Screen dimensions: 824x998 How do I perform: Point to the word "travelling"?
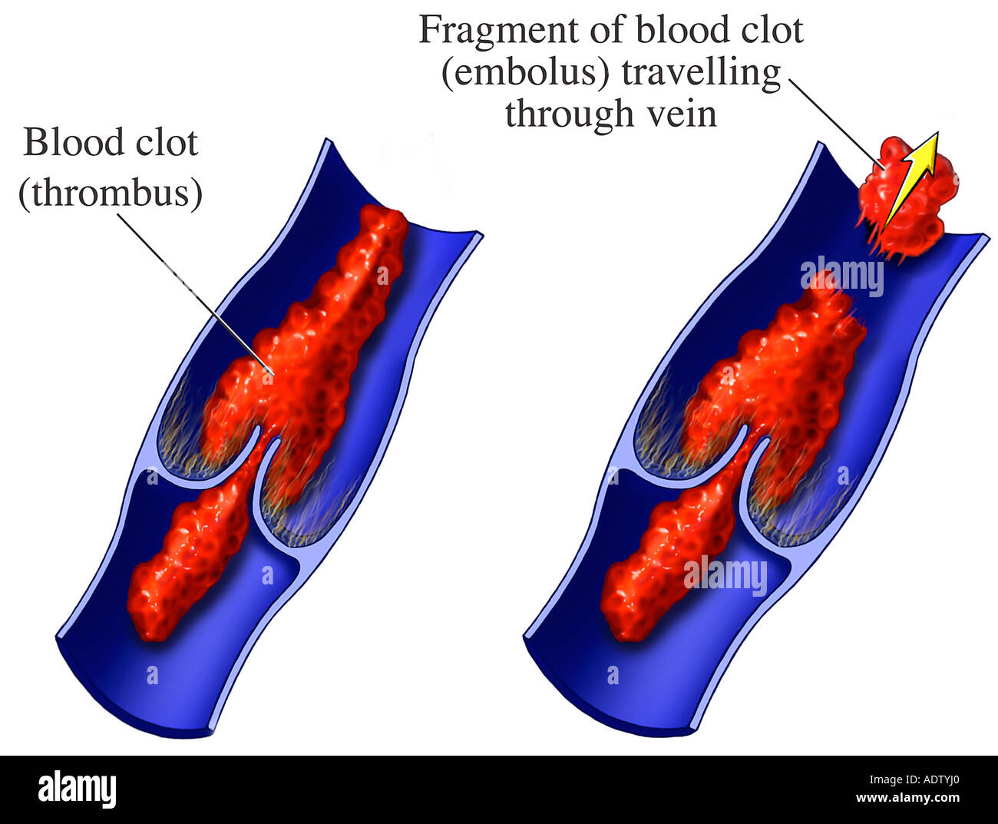coord(700,74)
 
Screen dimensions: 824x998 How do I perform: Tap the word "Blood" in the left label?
coord(63,143)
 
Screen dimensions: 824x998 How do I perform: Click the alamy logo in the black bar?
coord(77,789)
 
